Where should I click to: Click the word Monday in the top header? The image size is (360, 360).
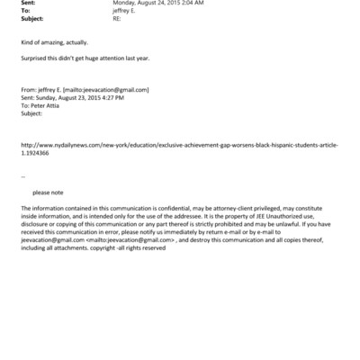click(x=124, y=3)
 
